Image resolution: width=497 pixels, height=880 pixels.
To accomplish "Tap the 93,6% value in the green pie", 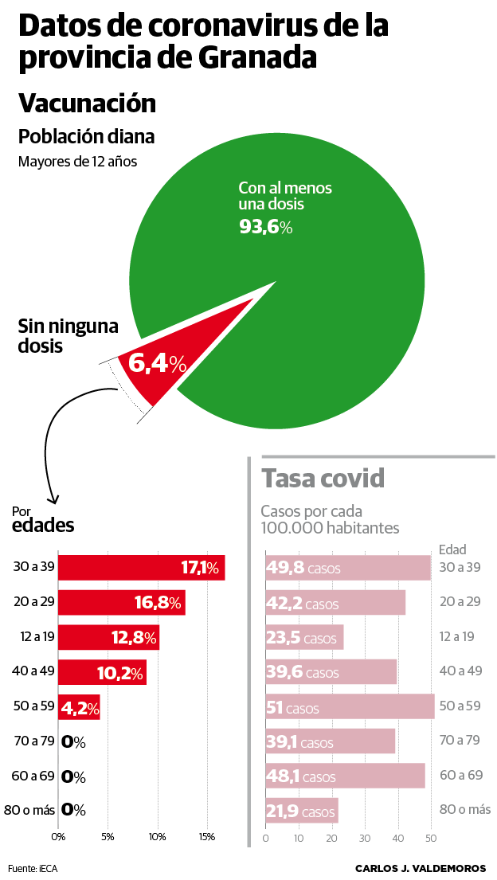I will pos(266,227).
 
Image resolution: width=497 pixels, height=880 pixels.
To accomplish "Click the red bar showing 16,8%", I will pos(122,602).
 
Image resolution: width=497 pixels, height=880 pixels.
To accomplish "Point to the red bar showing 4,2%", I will pos(79,706).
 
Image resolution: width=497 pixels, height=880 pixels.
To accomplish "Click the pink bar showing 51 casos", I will pos(350,707).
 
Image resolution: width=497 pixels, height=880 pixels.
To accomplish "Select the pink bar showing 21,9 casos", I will pos(301,811).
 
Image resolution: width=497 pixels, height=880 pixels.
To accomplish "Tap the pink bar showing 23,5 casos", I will pos(304,638).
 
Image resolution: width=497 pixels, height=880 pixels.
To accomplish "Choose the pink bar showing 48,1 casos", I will pos(345,776).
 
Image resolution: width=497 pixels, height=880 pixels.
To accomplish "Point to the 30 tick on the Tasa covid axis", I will pos(365,838).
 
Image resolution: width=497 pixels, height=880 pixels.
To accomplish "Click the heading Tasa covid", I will pos(323,479).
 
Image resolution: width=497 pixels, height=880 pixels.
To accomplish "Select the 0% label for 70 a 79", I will pos(73,742).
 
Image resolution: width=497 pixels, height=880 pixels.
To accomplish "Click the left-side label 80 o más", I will pos(29,811).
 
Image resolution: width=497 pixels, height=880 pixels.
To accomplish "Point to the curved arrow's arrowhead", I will pos(53,500).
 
